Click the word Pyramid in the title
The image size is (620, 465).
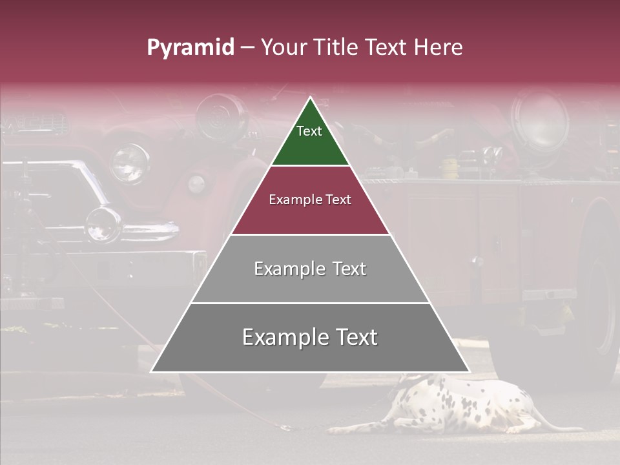pos(191,48)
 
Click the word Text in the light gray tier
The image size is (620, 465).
pos(349,269)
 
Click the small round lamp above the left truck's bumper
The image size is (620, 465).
pos(103,223)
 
